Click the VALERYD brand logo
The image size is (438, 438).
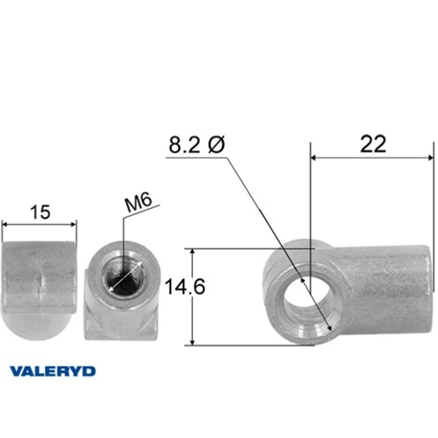(x=53, y=371)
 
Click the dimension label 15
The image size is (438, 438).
(x=41, y=212)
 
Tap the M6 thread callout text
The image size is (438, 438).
(x=138, y=203)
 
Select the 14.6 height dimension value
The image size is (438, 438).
(x=185, y=286)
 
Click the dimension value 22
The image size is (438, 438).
(x=373, y=145)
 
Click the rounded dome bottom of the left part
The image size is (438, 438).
(x=37, y=325)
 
